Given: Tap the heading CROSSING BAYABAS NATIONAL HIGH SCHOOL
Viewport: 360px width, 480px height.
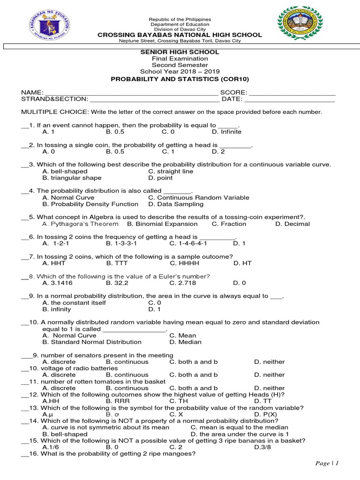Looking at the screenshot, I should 180,35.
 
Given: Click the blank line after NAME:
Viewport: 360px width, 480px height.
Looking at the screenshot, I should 131,93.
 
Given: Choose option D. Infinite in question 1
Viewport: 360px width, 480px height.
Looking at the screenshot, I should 226,132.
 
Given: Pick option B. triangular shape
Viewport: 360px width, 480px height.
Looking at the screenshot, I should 72,178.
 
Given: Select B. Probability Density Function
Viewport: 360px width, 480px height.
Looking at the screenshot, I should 90,204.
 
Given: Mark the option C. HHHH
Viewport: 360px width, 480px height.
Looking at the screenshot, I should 181,263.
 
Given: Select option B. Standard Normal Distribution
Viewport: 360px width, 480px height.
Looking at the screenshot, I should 91,342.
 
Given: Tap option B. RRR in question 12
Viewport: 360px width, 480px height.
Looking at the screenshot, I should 116,401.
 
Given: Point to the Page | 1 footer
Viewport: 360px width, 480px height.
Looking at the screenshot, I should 327,463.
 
